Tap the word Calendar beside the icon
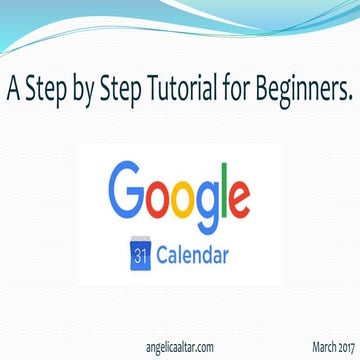(194, 251)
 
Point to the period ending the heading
(350, 99)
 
